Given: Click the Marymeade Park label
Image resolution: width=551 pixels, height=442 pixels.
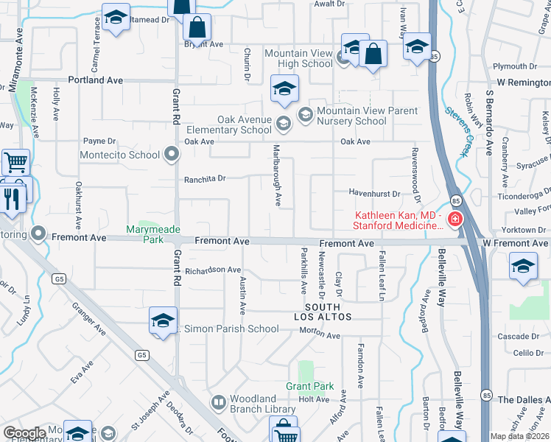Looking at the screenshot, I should pos(152,234).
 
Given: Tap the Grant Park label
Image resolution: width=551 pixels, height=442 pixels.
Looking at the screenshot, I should pos(310,386).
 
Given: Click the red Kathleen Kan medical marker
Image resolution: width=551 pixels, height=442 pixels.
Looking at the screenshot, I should pos(455,220).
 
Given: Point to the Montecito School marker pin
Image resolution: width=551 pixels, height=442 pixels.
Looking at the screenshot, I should pos(172,155).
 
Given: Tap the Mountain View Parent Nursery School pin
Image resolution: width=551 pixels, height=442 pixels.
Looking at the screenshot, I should pos(306,115).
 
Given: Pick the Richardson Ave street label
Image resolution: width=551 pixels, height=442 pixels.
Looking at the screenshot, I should pos(213,270).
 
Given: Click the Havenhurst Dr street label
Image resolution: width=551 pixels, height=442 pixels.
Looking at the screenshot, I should pos(373,194).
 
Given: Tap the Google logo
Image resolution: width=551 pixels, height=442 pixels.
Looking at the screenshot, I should pos(24,433).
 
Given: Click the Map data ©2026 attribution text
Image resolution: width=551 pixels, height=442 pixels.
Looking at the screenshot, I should pos(519,436).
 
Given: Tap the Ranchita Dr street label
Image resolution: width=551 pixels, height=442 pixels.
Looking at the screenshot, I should pos(204,178).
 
